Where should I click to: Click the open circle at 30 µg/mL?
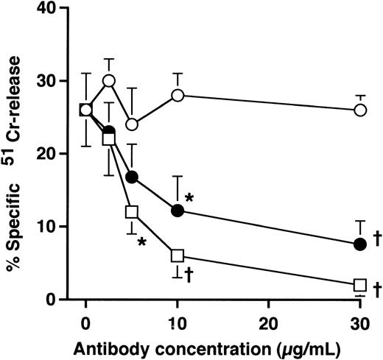coord(360,110)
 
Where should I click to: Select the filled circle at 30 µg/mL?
coord(360,244)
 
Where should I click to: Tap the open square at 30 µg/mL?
coord(360,285)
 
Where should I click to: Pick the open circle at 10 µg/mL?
coord(177,96)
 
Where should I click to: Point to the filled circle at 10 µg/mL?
coord(177,211)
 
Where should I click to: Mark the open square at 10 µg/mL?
coord(177,255)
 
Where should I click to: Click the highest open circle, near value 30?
coord(109,81)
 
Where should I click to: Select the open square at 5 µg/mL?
coord(132,212)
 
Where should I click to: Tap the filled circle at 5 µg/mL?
coord(132,177)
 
